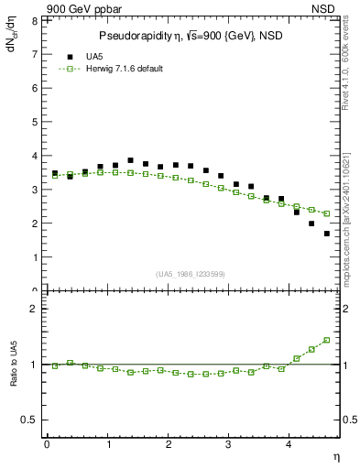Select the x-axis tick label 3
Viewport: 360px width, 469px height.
(x=229, y=445)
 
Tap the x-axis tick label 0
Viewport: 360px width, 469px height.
(x=46, y=445)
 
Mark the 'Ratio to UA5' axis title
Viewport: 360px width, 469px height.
(x=14, y=376)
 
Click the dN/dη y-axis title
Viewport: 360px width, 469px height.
(x=12, y=38)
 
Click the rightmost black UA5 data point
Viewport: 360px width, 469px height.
(x=326, y=234)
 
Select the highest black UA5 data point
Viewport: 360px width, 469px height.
(x=130, y=160)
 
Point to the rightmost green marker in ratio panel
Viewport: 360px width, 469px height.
(x=326, y=340)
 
